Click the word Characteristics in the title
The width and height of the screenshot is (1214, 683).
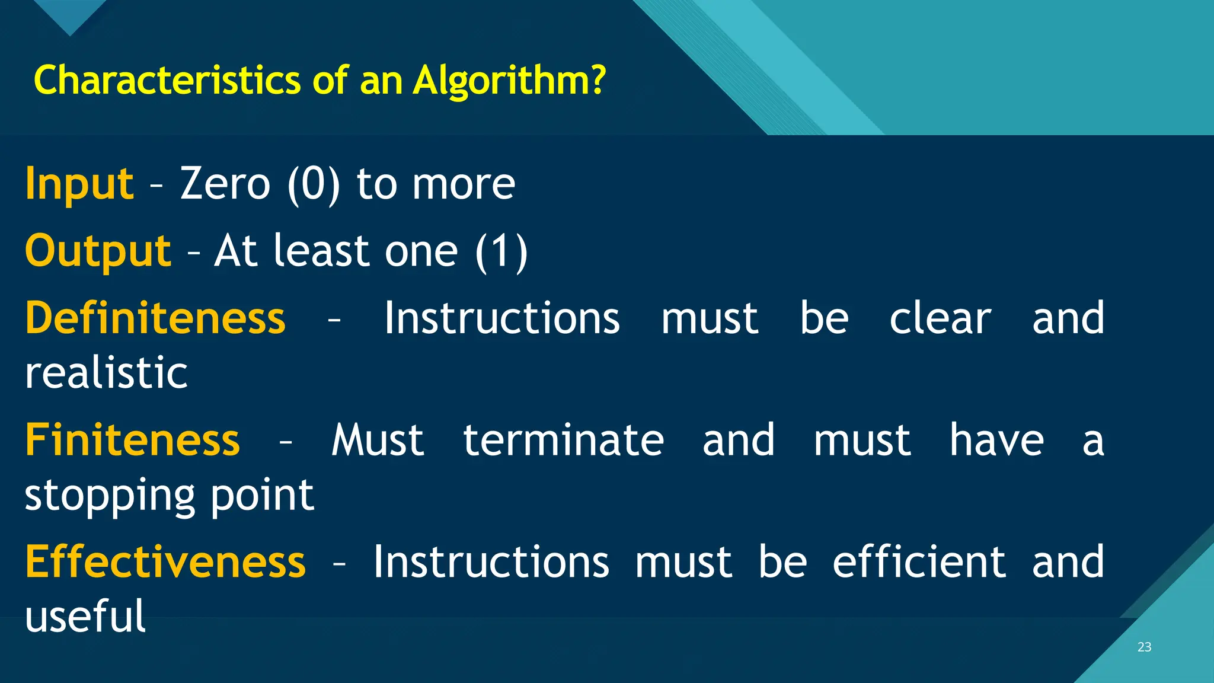point(168,80)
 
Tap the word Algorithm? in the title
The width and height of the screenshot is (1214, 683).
point(510,81)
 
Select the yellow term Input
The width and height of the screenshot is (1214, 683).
point(79,184)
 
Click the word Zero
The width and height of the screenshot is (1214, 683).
point(225,184)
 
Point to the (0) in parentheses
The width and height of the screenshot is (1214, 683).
point(314,185)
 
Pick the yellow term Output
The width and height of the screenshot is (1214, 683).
point(98,251)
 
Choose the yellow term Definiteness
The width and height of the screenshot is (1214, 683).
point(155,318)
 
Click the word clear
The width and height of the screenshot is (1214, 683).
point(940,318)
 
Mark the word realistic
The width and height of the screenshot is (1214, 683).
point(107,374)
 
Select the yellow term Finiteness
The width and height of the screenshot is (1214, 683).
point(133,441)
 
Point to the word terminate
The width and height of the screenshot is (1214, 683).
point(563,441)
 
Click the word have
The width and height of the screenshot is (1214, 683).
point(996,441)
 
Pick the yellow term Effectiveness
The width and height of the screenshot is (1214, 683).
point(165,562)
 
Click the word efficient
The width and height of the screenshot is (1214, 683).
point(919,562)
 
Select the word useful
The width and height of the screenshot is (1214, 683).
point(85,617)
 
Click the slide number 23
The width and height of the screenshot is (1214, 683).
point(1144,647)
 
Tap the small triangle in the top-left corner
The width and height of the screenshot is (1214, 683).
point(70,15)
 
